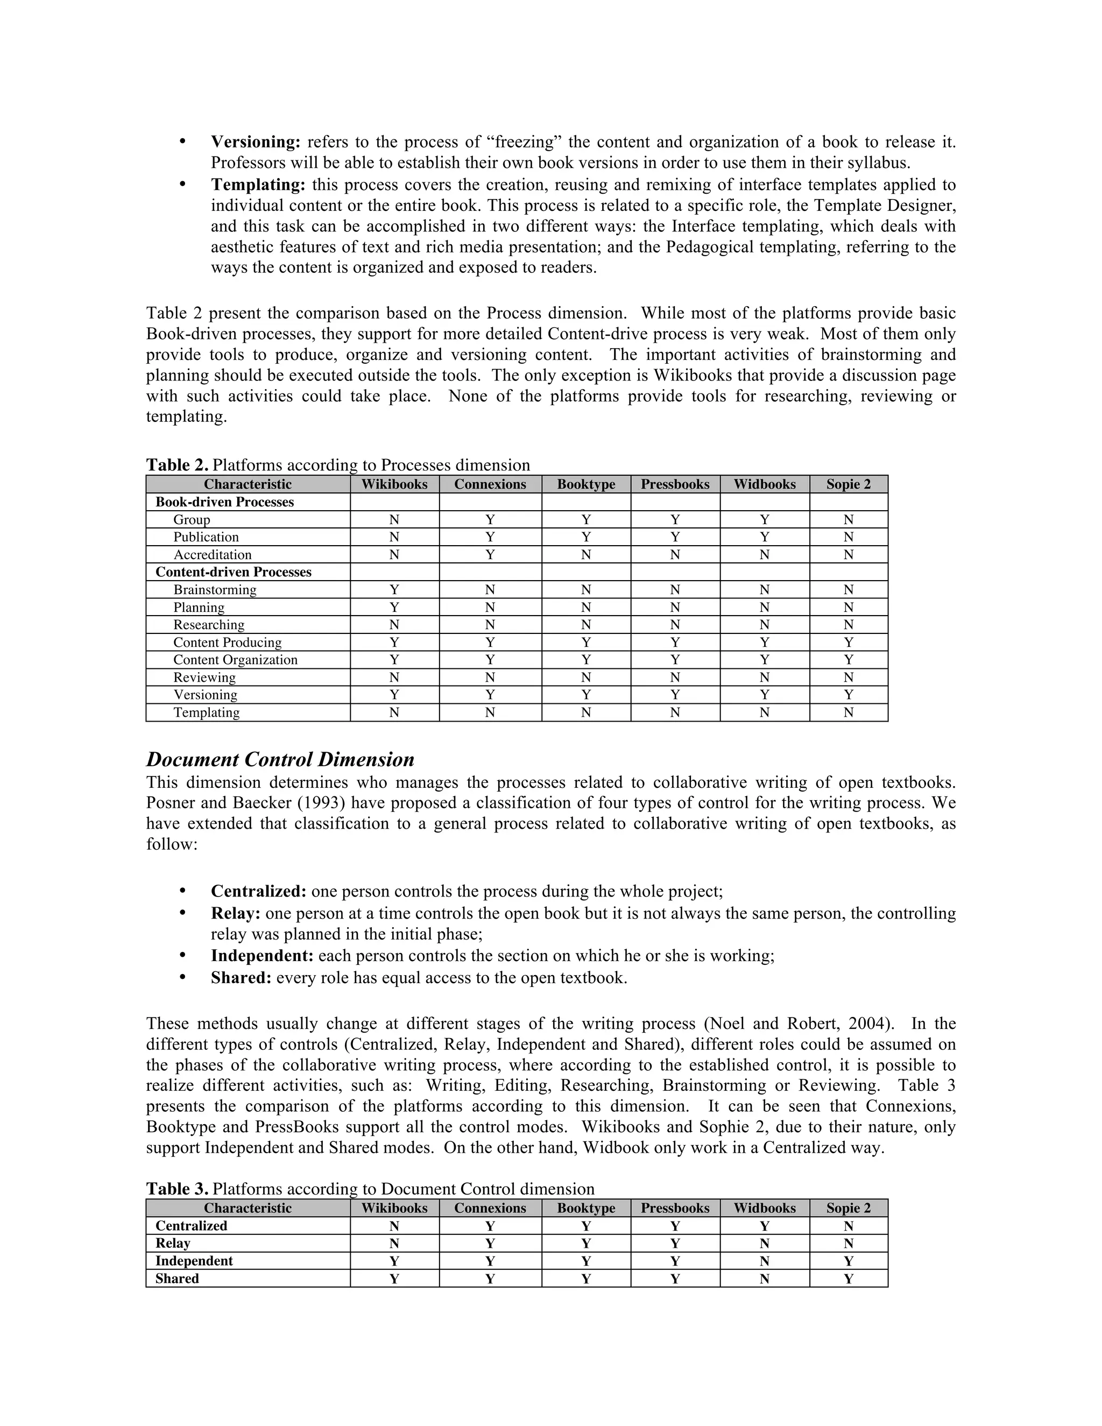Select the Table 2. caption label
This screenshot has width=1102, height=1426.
click(177, 465)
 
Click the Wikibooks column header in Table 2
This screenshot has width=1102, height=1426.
click(394, 484)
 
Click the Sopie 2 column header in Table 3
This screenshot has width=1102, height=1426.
click(848, 1208)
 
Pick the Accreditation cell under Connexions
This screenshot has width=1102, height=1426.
click(490, 554)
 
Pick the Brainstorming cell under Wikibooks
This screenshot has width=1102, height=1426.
click(394, 590)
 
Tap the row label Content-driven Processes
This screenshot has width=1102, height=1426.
click(233, 572)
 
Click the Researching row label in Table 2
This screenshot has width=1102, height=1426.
click(209, 625)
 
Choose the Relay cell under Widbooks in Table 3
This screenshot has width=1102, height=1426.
click(765, 1243)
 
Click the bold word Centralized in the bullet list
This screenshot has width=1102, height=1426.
click(258, 891)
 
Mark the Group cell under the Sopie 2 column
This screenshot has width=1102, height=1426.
click(848, 520)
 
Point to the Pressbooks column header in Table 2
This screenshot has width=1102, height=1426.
click(675, 484)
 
